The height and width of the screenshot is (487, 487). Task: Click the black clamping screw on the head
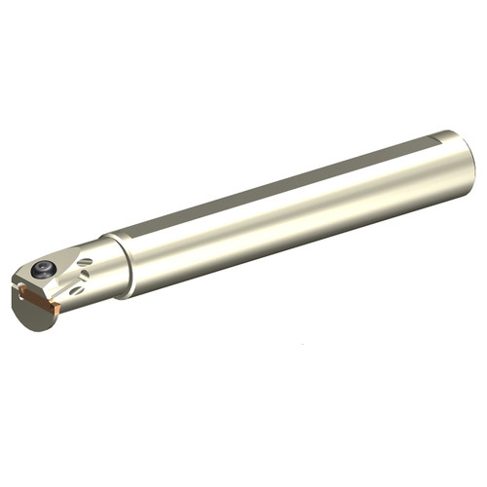(x=43, y=270)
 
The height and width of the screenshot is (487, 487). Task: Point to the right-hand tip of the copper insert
(x=59, y=309)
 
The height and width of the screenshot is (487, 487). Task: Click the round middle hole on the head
(x=85, y=275)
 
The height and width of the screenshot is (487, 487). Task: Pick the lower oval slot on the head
(x=78, y=289)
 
